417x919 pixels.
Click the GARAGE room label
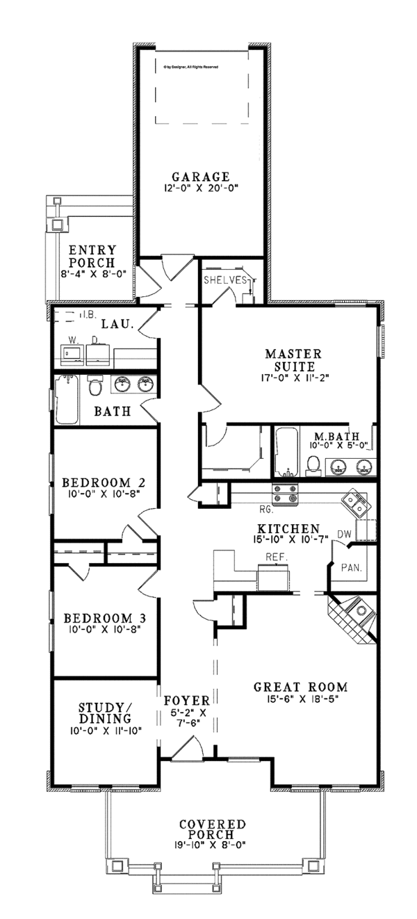pyautogui.click(x=201, y=177)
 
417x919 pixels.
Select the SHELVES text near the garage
pyautogui.click(x=225, y=280)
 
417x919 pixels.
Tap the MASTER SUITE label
pyautogui.click(x=291, y=359)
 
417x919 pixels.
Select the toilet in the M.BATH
pyautogui.click(x=314, y=464)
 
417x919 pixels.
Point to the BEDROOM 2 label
pyautogui.click(x=103, y=482)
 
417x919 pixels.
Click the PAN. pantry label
pyautogui.click(x=349, y=567)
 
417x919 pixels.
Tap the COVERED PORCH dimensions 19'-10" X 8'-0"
pyautogui.click(x=213, y=845)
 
